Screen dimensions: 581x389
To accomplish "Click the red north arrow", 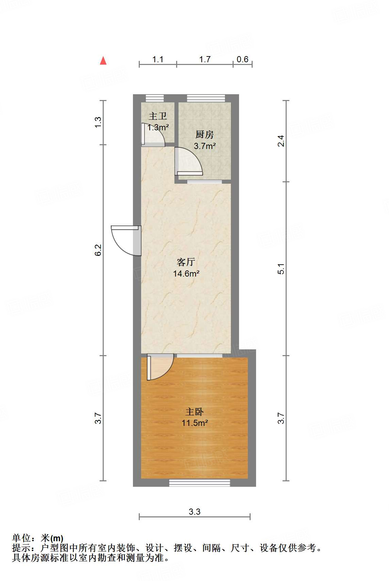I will click(x=103, y=61).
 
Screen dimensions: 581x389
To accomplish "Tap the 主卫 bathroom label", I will click(x=158, y=116).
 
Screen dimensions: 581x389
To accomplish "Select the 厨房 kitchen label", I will click(x=204, y=135).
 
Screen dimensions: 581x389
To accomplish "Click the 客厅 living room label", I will click(x=186, y=262).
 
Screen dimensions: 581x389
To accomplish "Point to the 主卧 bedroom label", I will click(x=194, y=412).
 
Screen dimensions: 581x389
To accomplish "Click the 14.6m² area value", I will click(x=186, y=273).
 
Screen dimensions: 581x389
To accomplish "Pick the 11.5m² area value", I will click(x=194, y=423).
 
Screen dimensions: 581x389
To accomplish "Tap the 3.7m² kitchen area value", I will click(x=204, y=146).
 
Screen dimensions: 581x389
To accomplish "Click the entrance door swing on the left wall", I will click(x=124, y=240).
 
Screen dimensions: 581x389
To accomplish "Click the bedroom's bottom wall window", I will click(x=200, y=483).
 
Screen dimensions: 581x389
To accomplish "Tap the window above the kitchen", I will click(x=206, y=98).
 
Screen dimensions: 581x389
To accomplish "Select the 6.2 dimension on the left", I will click(x=98, y=250).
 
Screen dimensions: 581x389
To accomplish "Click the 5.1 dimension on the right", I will click(x=281, y=269).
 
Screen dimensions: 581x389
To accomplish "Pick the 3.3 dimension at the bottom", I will click(x=194, y=511).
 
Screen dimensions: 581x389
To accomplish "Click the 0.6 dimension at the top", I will click(x=242, y=60).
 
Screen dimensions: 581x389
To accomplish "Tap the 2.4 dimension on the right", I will click(x=281, y=141).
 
